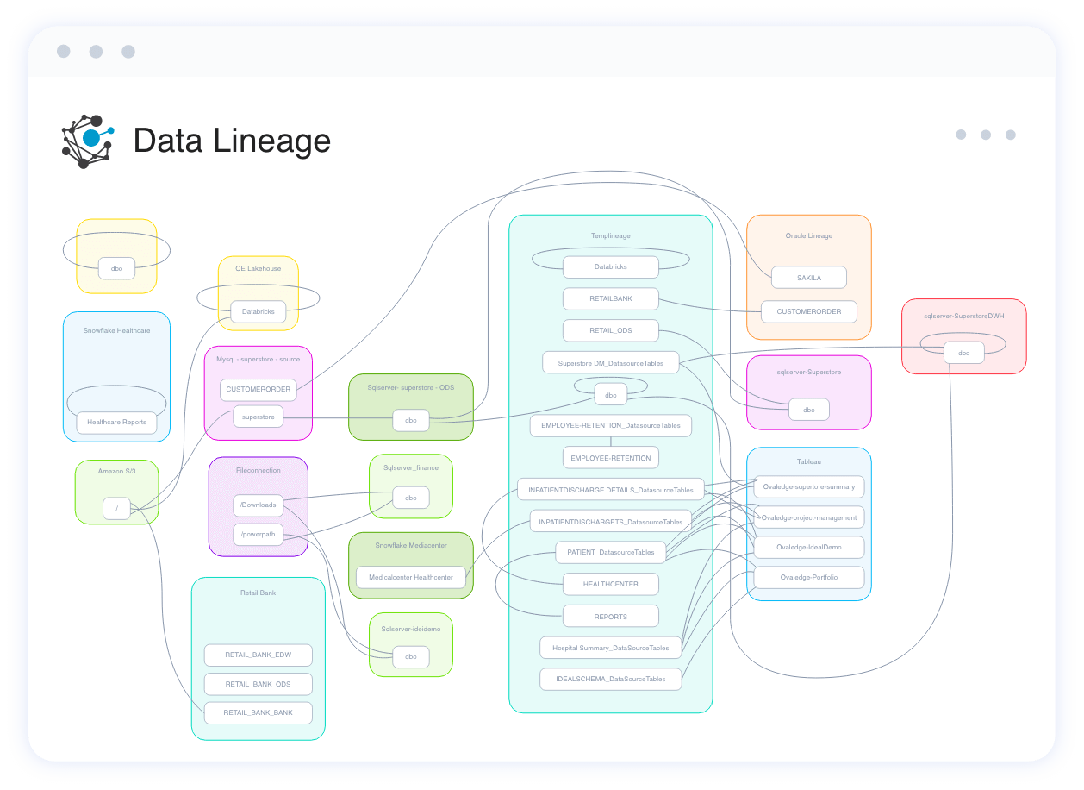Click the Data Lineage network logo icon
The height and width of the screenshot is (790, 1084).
click(87, 141)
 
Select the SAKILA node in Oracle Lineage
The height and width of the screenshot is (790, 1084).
click(808, 278)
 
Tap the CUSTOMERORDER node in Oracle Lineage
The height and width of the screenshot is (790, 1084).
click(808, 311)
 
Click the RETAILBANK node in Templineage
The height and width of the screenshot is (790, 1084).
click(610, 299)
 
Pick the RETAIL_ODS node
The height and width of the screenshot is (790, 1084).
click(610, 331)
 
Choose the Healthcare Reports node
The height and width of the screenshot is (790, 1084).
click(116, 423)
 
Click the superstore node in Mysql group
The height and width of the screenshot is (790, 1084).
click(258, 417)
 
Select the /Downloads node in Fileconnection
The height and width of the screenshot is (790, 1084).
click(258, 505)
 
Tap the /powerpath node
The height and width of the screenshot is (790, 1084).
click(258, 534)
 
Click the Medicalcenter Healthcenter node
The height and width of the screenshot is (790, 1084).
click(410, 577)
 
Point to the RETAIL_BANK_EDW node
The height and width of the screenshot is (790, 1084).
click(258, 655)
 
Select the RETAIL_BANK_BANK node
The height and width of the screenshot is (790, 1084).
click(258, 712)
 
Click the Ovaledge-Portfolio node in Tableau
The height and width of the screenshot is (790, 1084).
click(808, 577)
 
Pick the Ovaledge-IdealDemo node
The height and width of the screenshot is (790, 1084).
click(808, 547)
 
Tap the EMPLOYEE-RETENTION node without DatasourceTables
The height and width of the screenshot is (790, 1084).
click(610, 457)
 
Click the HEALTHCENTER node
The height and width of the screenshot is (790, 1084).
click(610, 584)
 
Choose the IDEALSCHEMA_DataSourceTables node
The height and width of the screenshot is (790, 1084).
click(610, 679)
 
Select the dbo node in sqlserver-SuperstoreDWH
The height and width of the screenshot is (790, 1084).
click(963, 353)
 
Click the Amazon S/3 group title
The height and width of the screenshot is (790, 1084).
click(116, 472)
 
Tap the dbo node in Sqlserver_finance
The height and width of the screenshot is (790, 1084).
click(410, 498)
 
